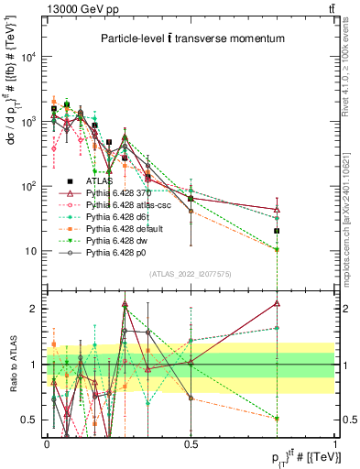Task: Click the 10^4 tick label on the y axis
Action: click(x=27, y=57)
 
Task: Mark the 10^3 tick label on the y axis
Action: click(x=27, y=122)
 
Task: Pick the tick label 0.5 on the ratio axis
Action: click(x=28, y=420)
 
